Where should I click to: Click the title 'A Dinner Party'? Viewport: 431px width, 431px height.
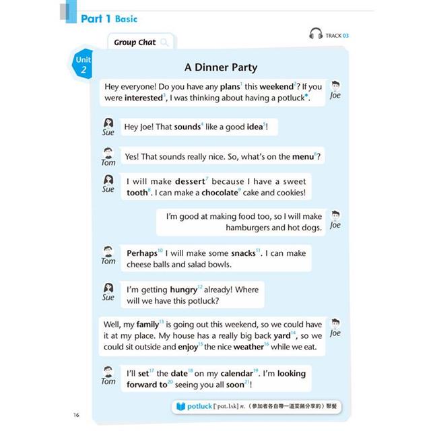(x=220, y=67)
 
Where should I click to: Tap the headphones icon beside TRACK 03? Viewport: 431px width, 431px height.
(x=316, y=34)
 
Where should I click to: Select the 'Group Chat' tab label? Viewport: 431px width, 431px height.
(x=135, y=42)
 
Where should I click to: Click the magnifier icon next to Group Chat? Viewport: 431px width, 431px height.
(x=164, y=42)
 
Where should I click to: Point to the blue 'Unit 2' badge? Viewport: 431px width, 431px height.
(x=84, y=65)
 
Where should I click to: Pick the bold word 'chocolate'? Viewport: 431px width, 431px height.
(x=220, y=193)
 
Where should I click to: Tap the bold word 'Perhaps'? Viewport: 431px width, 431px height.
(x=142, y=253)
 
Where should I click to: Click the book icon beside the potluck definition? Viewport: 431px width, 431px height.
(x=180, y=407)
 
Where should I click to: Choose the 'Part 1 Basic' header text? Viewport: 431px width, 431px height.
(x=109, y=20)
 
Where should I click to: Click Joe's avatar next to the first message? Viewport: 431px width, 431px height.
(x=335, y=86)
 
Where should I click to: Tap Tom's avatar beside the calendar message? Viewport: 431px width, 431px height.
(x=108, y=372)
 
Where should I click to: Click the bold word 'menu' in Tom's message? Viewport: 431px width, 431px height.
(x=302, y=157)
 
